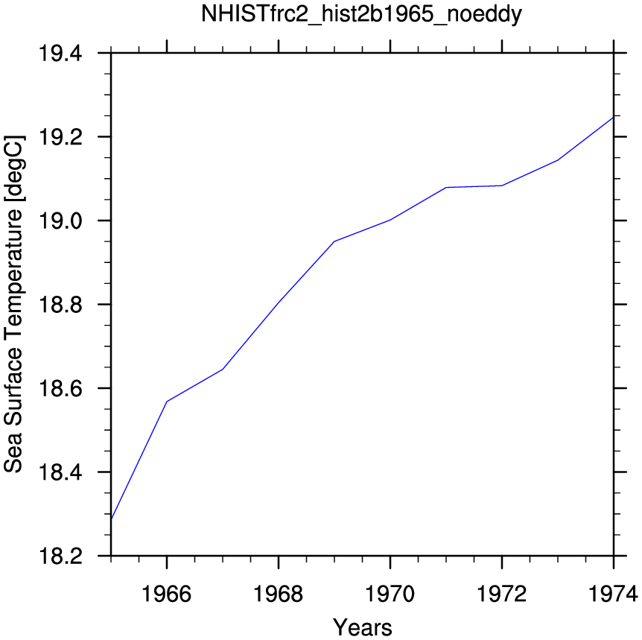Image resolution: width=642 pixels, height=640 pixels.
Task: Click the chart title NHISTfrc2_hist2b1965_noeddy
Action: click(x=361, y=14)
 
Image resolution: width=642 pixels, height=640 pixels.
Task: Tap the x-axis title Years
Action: click(x=363, y=627)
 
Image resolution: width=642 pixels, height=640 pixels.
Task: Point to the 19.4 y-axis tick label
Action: click(x=60, y=53)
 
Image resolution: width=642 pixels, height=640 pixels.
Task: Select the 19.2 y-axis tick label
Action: click(x=60, y=137)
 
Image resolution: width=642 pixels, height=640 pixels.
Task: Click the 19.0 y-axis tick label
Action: click(x=60, y=221)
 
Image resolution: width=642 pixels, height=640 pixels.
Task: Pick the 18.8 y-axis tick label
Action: click(x=60, y=305)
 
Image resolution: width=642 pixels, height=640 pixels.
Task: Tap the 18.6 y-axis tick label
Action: click(x=60, y=388)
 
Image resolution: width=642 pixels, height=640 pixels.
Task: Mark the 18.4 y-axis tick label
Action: click(x=60, y=472)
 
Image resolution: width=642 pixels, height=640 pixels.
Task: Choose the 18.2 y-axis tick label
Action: click(x=60, y=556)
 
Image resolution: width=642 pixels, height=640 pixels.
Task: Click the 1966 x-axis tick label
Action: click(x=166, y=594)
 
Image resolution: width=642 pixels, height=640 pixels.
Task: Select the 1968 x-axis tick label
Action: click(x=279, y=594)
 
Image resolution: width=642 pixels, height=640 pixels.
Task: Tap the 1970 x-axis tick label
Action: click(x=390, y=594)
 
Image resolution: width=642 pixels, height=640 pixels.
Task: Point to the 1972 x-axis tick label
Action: click(x=502, y=594)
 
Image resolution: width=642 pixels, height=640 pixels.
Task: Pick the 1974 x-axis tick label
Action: click(x=613, y=594)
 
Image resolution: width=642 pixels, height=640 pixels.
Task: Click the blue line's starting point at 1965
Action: click(x=112, y=519)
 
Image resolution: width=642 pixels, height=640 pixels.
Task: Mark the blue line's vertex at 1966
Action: click(x=167, y=402)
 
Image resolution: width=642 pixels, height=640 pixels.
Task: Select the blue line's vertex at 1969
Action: click(x=334, y=241)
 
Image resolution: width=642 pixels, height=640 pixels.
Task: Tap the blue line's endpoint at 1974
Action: click(x=614, y=118)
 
